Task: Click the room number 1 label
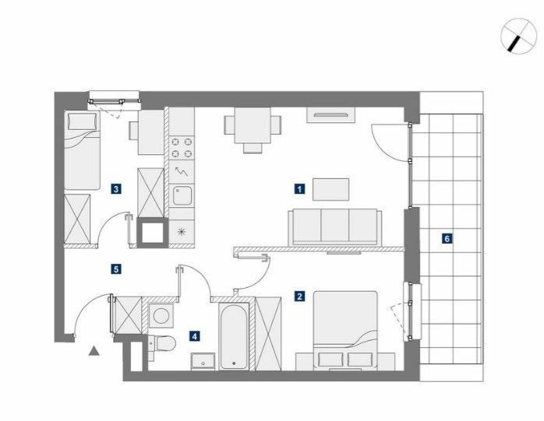point(299,189)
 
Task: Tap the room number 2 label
point(299,296)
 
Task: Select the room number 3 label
point(116,189)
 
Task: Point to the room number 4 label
point(195,335)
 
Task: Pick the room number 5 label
point(116,269)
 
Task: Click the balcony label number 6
point(447,238)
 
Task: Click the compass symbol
point(519,36)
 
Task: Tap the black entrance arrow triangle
point(94,351)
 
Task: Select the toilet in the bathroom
point(162,344)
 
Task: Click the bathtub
point(234,337)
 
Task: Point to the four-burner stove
point(182,148)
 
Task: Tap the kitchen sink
point(182,196)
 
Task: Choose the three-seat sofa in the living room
point(335,227)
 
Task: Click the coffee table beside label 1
point(330,189)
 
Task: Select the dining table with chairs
point(253,130)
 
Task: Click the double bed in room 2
point(344,331)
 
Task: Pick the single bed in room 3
point(83,150)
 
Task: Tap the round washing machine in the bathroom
point(161,316)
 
